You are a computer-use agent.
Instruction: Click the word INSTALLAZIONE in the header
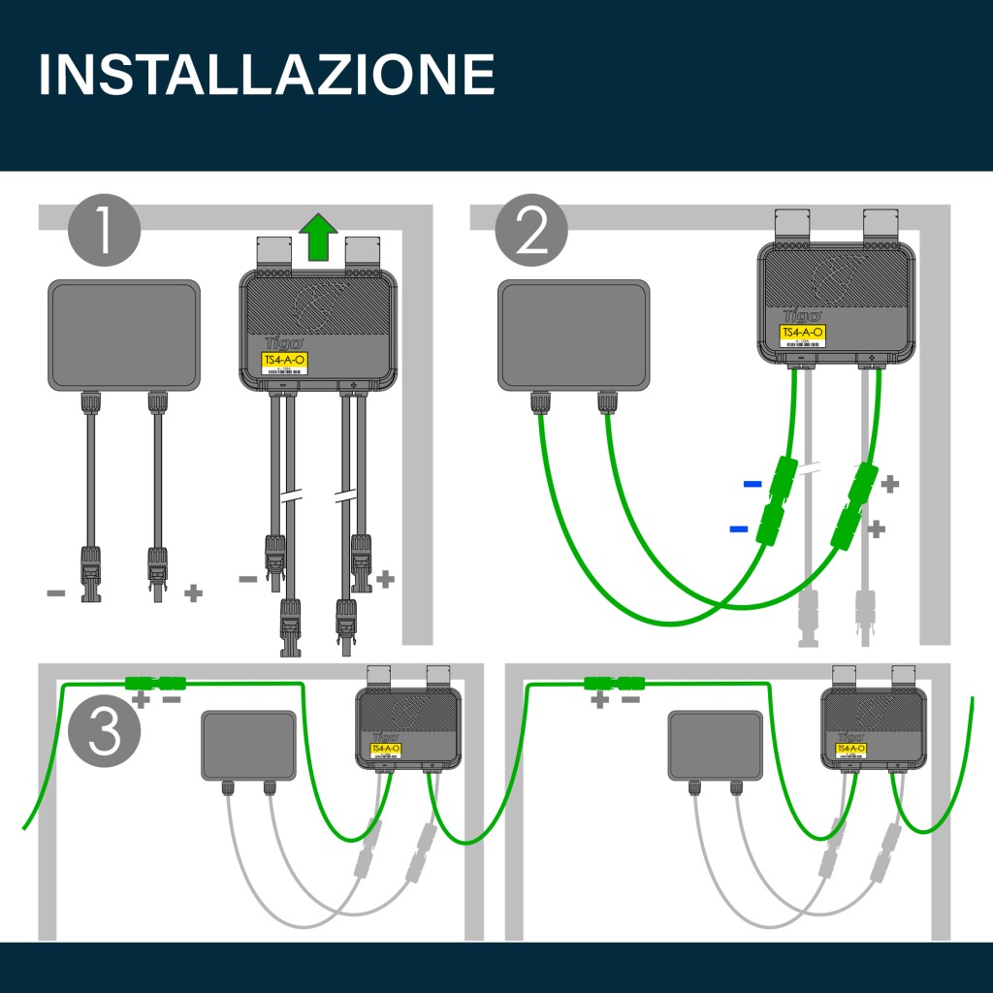coord(267,74)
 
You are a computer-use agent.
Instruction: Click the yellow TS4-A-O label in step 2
coord(803,333)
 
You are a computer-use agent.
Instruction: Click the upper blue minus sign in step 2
coord(752,483)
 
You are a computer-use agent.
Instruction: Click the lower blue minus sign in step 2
coord(739,529)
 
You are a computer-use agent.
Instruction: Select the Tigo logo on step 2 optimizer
coord(802,315)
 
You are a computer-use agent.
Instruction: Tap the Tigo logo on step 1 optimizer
coord(282,343)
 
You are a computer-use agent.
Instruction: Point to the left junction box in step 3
coord(248,745)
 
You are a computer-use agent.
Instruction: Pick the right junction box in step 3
coord(716,745)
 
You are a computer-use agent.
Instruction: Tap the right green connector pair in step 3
coord(615,683)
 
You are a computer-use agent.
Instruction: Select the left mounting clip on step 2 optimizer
coord(791,227)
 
